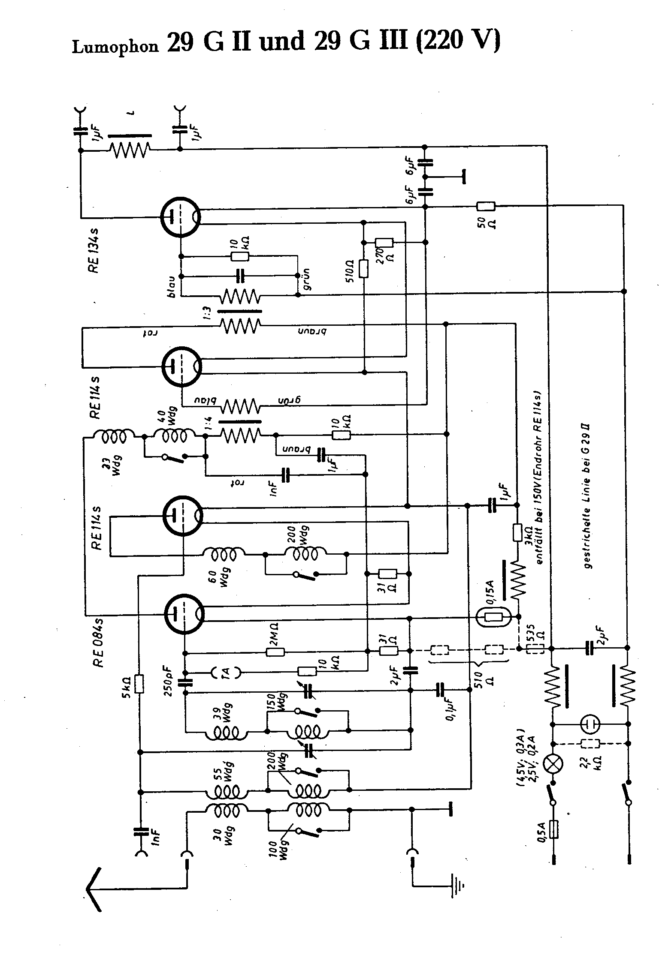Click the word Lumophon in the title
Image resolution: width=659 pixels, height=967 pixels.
(x=115, y=46)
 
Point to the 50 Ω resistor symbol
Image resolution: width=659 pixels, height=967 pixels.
(x=486, y=207)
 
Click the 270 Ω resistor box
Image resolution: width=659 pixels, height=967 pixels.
(x=384, y=243)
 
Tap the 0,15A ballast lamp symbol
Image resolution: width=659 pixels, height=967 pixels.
(x=493, y=618)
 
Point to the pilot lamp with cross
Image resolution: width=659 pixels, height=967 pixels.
(x=553, y=764)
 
